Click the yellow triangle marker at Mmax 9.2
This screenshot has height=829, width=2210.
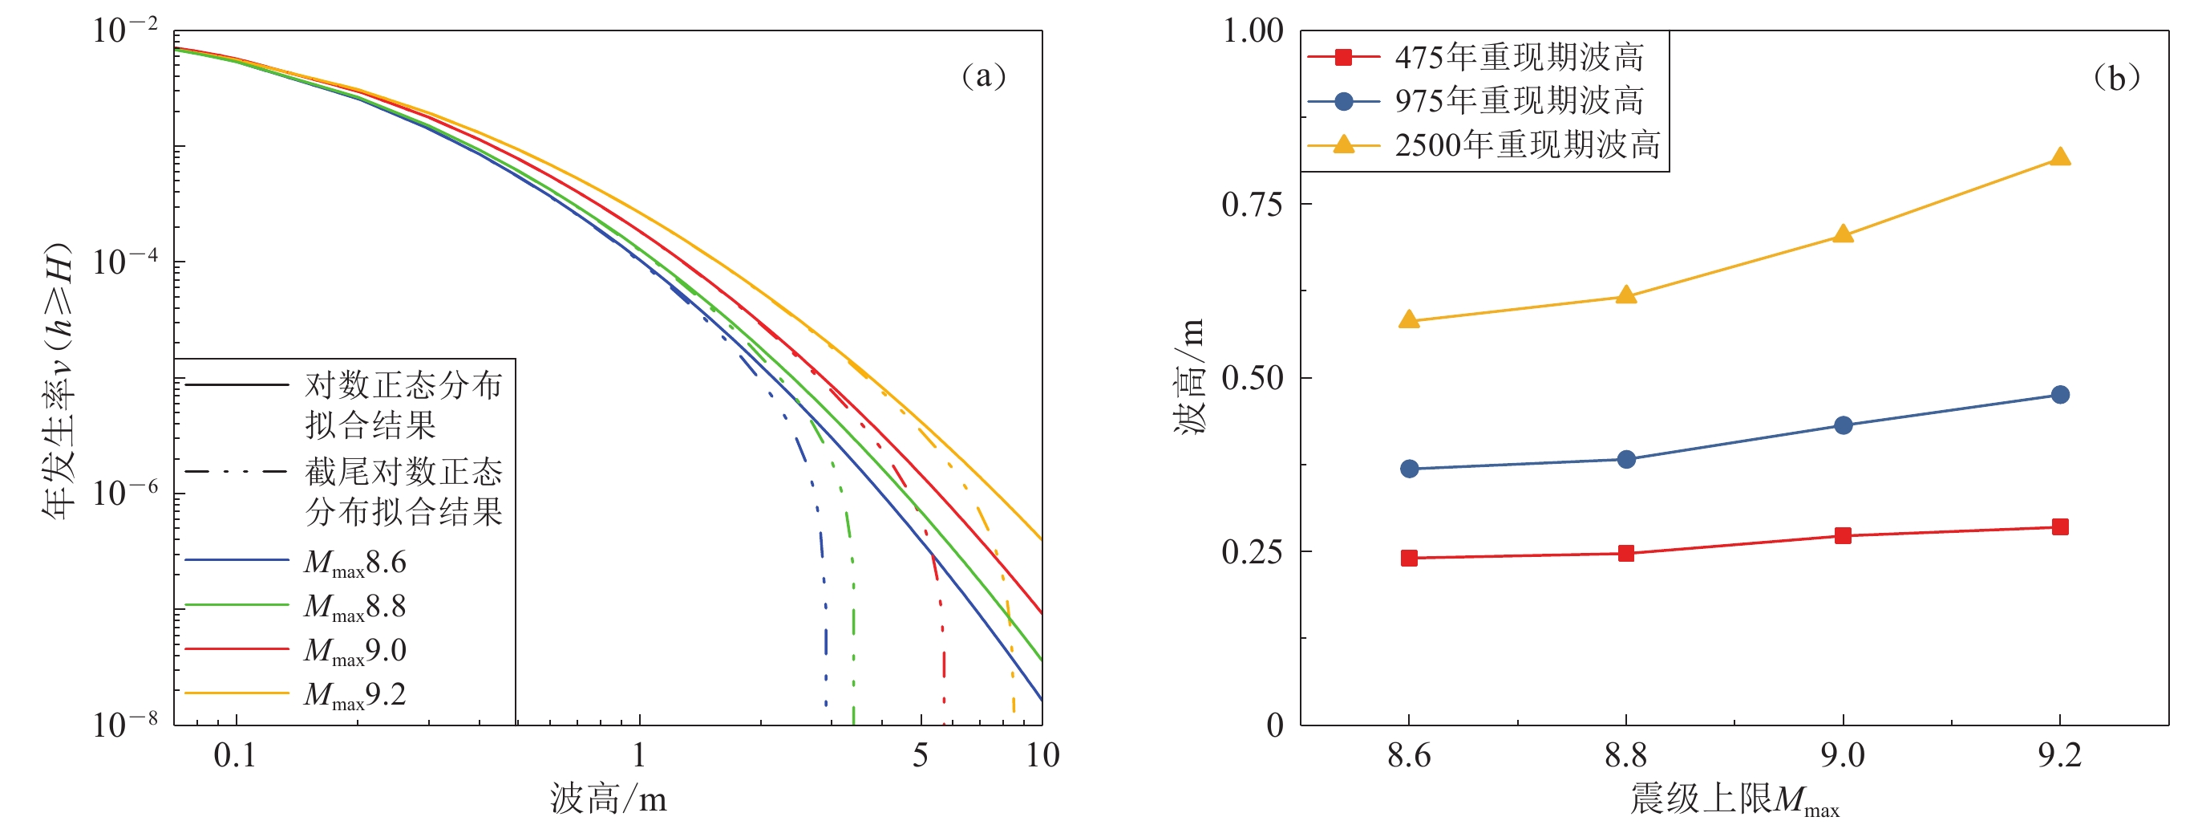pyautogui.click(x=2059, y=157)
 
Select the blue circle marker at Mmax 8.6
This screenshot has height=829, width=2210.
pyautogui.click(x=1409, y=469)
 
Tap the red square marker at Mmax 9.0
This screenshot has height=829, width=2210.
pyautogui.click(x=1842, y=535)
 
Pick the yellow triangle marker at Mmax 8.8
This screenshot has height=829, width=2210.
pyautogui.click(x=1625, y=296)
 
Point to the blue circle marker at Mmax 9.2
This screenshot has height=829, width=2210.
pyautogui.click(x=2059, y=395)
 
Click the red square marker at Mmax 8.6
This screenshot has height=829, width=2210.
pyautogui.click(x=1409, y=558)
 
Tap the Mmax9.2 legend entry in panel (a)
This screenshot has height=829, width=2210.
pyautogui.click(x=354, y=694)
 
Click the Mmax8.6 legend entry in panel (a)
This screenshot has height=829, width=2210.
pyautogui.click(x=354, y=562)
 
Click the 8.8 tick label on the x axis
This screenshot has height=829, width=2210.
pyautogui.click(x=1625, y=755)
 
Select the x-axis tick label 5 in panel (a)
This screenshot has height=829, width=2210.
pyautogui.click(x=920, y=755)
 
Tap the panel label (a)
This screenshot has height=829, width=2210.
pyautogui.click(x=983, y=76)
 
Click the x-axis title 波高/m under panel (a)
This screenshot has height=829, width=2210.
pyautogui.click(x=609, y=799)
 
